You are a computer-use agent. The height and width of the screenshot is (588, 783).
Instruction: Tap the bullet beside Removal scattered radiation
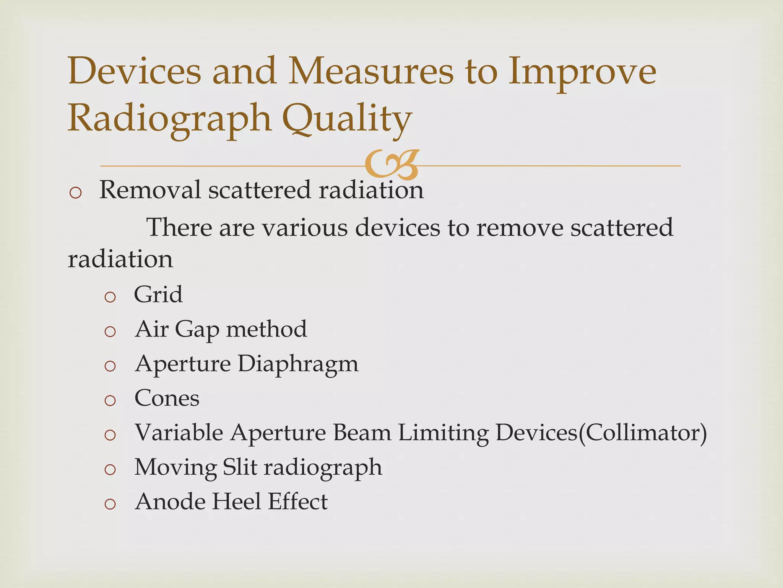[x=76, y=192]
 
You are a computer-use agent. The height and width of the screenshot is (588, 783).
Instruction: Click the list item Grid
[x=158, y=294]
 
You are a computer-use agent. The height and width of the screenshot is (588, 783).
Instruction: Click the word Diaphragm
[x=298, y=364]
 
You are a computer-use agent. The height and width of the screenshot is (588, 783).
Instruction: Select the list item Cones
[x=167, y=398]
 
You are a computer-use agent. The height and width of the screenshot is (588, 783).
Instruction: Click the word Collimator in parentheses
[x=643, y=433]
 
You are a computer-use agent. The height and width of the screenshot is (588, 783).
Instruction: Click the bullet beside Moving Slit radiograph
[x=110, y=470]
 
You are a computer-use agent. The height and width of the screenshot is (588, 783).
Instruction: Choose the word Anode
[x=169, y=501]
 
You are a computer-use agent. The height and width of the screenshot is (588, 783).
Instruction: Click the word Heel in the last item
[x=237, y=501]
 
